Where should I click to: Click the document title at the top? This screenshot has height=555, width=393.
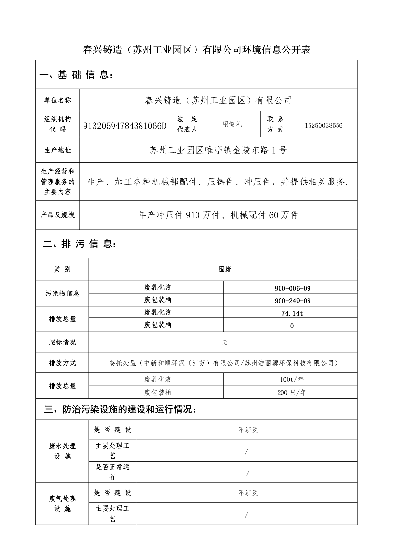tap(196, 50)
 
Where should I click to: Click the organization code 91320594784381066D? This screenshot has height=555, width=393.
tap(125, 126)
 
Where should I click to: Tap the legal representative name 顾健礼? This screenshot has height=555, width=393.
tap(232, 125)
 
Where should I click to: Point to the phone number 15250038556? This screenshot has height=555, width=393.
tap(323, 126)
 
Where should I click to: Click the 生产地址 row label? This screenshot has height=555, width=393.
tap(57, 150)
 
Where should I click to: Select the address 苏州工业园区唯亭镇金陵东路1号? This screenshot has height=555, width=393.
tap(218, 150)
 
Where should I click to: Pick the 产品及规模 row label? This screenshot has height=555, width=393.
tap(57, 215)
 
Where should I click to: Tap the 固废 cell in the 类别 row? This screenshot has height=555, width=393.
tap(225, 269)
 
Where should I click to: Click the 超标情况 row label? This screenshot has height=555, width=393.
tap(62, 343)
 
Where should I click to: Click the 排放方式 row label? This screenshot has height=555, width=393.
tap(62, 363)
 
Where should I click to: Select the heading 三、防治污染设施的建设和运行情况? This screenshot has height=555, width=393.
tap(120, 409)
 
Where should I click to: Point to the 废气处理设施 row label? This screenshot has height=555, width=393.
tap(62, 503)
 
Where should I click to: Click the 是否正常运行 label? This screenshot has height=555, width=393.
tap(112, 472)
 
